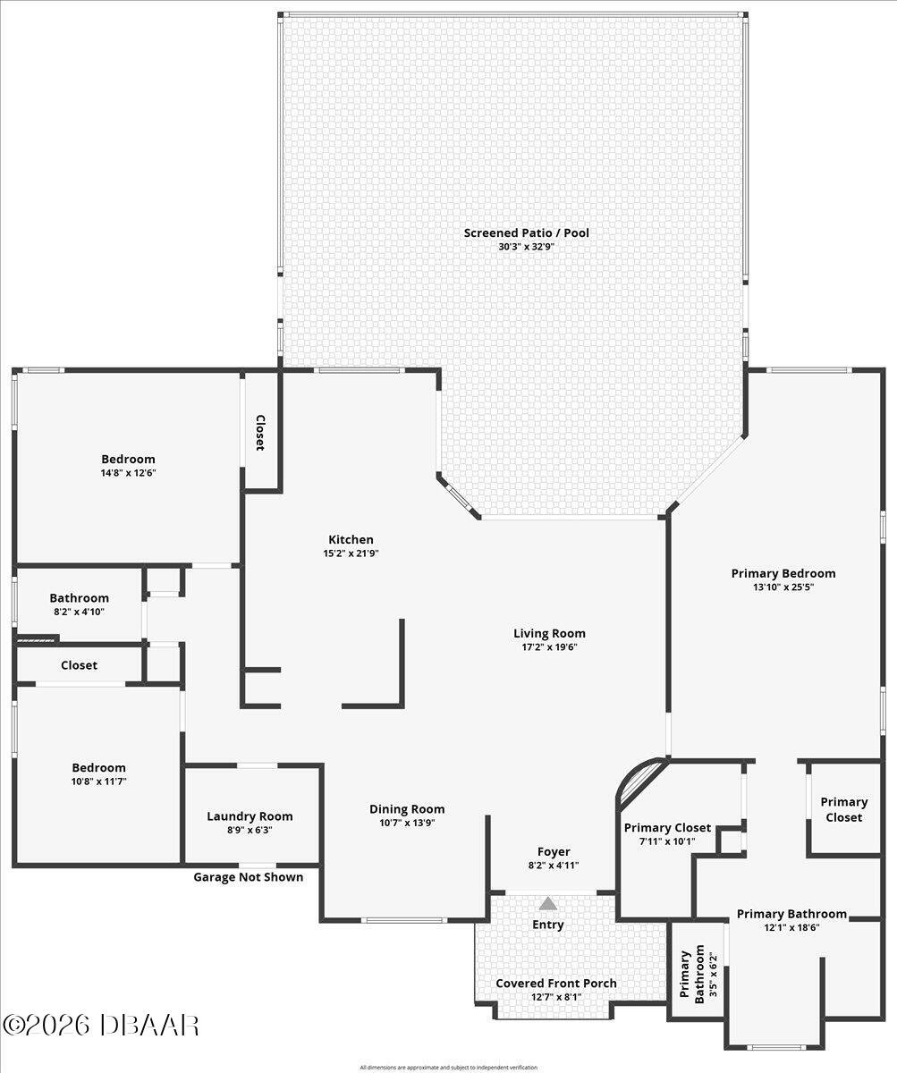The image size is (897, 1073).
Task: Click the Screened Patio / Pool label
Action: click(526, 233)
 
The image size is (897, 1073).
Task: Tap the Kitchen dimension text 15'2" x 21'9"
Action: click(351, 553)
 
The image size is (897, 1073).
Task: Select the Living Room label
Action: click(549, 633)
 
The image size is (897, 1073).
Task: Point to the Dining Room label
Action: click(407, 809)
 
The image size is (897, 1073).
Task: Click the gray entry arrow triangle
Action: click(548, 904)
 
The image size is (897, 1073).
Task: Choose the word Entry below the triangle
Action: click(548, 925)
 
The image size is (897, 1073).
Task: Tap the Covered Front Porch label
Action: click(556, 983)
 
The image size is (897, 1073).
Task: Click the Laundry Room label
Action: click(250, 815)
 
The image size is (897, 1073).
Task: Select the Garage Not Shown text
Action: click(249, 877)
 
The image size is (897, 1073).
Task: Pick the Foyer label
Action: click(554, 851)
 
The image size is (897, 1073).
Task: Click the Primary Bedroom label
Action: click(783, 573)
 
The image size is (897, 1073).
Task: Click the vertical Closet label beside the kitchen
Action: click(261, 433)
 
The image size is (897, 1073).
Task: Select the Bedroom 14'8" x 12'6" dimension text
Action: click(129, 473)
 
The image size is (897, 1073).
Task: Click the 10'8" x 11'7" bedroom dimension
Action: click(98, 782)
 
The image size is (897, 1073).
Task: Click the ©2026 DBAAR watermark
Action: click(100, 1025)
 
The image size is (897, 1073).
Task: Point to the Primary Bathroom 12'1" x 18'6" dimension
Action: click(791, 927)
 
